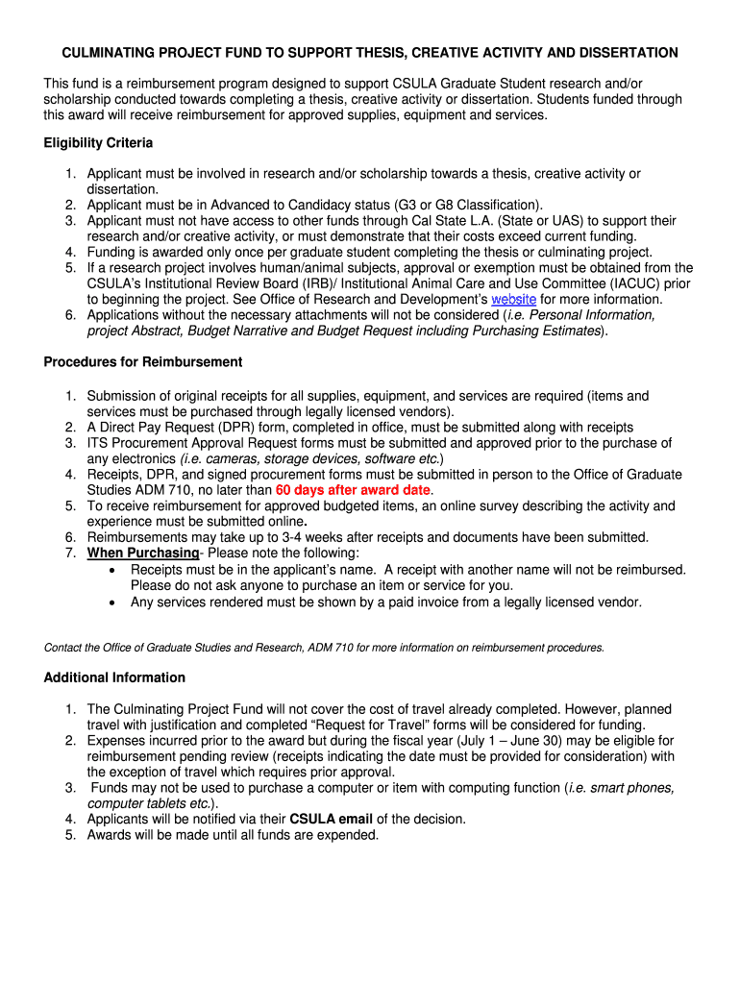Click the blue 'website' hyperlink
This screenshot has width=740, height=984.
pyautogui.click(x=513, y=299)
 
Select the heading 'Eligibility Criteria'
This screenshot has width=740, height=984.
pyautogui.click(x=98, y=143)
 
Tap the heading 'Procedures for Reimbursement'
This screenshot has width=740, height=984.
pyautogui.click(x=143, y=362)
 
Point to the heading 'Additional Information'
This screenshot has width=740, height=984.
pyautogui.click(x=114, y=677)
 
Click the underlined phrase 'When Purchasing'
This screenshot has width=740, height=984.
pyautogui.click(x=143, y=553)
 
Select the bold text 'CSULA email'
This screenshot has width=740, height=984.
pyautogui.click(x=331, y=819)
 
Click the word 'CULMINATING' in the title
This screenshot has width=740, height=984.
pyautogui.click(x=108, y=53)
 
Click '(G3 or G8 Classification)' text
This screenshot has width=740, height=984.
pyautogui.click(x=467, y=205)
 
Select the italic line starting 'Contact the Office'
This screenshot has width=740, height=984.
pyautogui.click(x=324, y=648)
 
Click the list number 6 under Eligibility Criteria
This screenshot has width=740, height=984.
pyautogui.click(x=71, y=315)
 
